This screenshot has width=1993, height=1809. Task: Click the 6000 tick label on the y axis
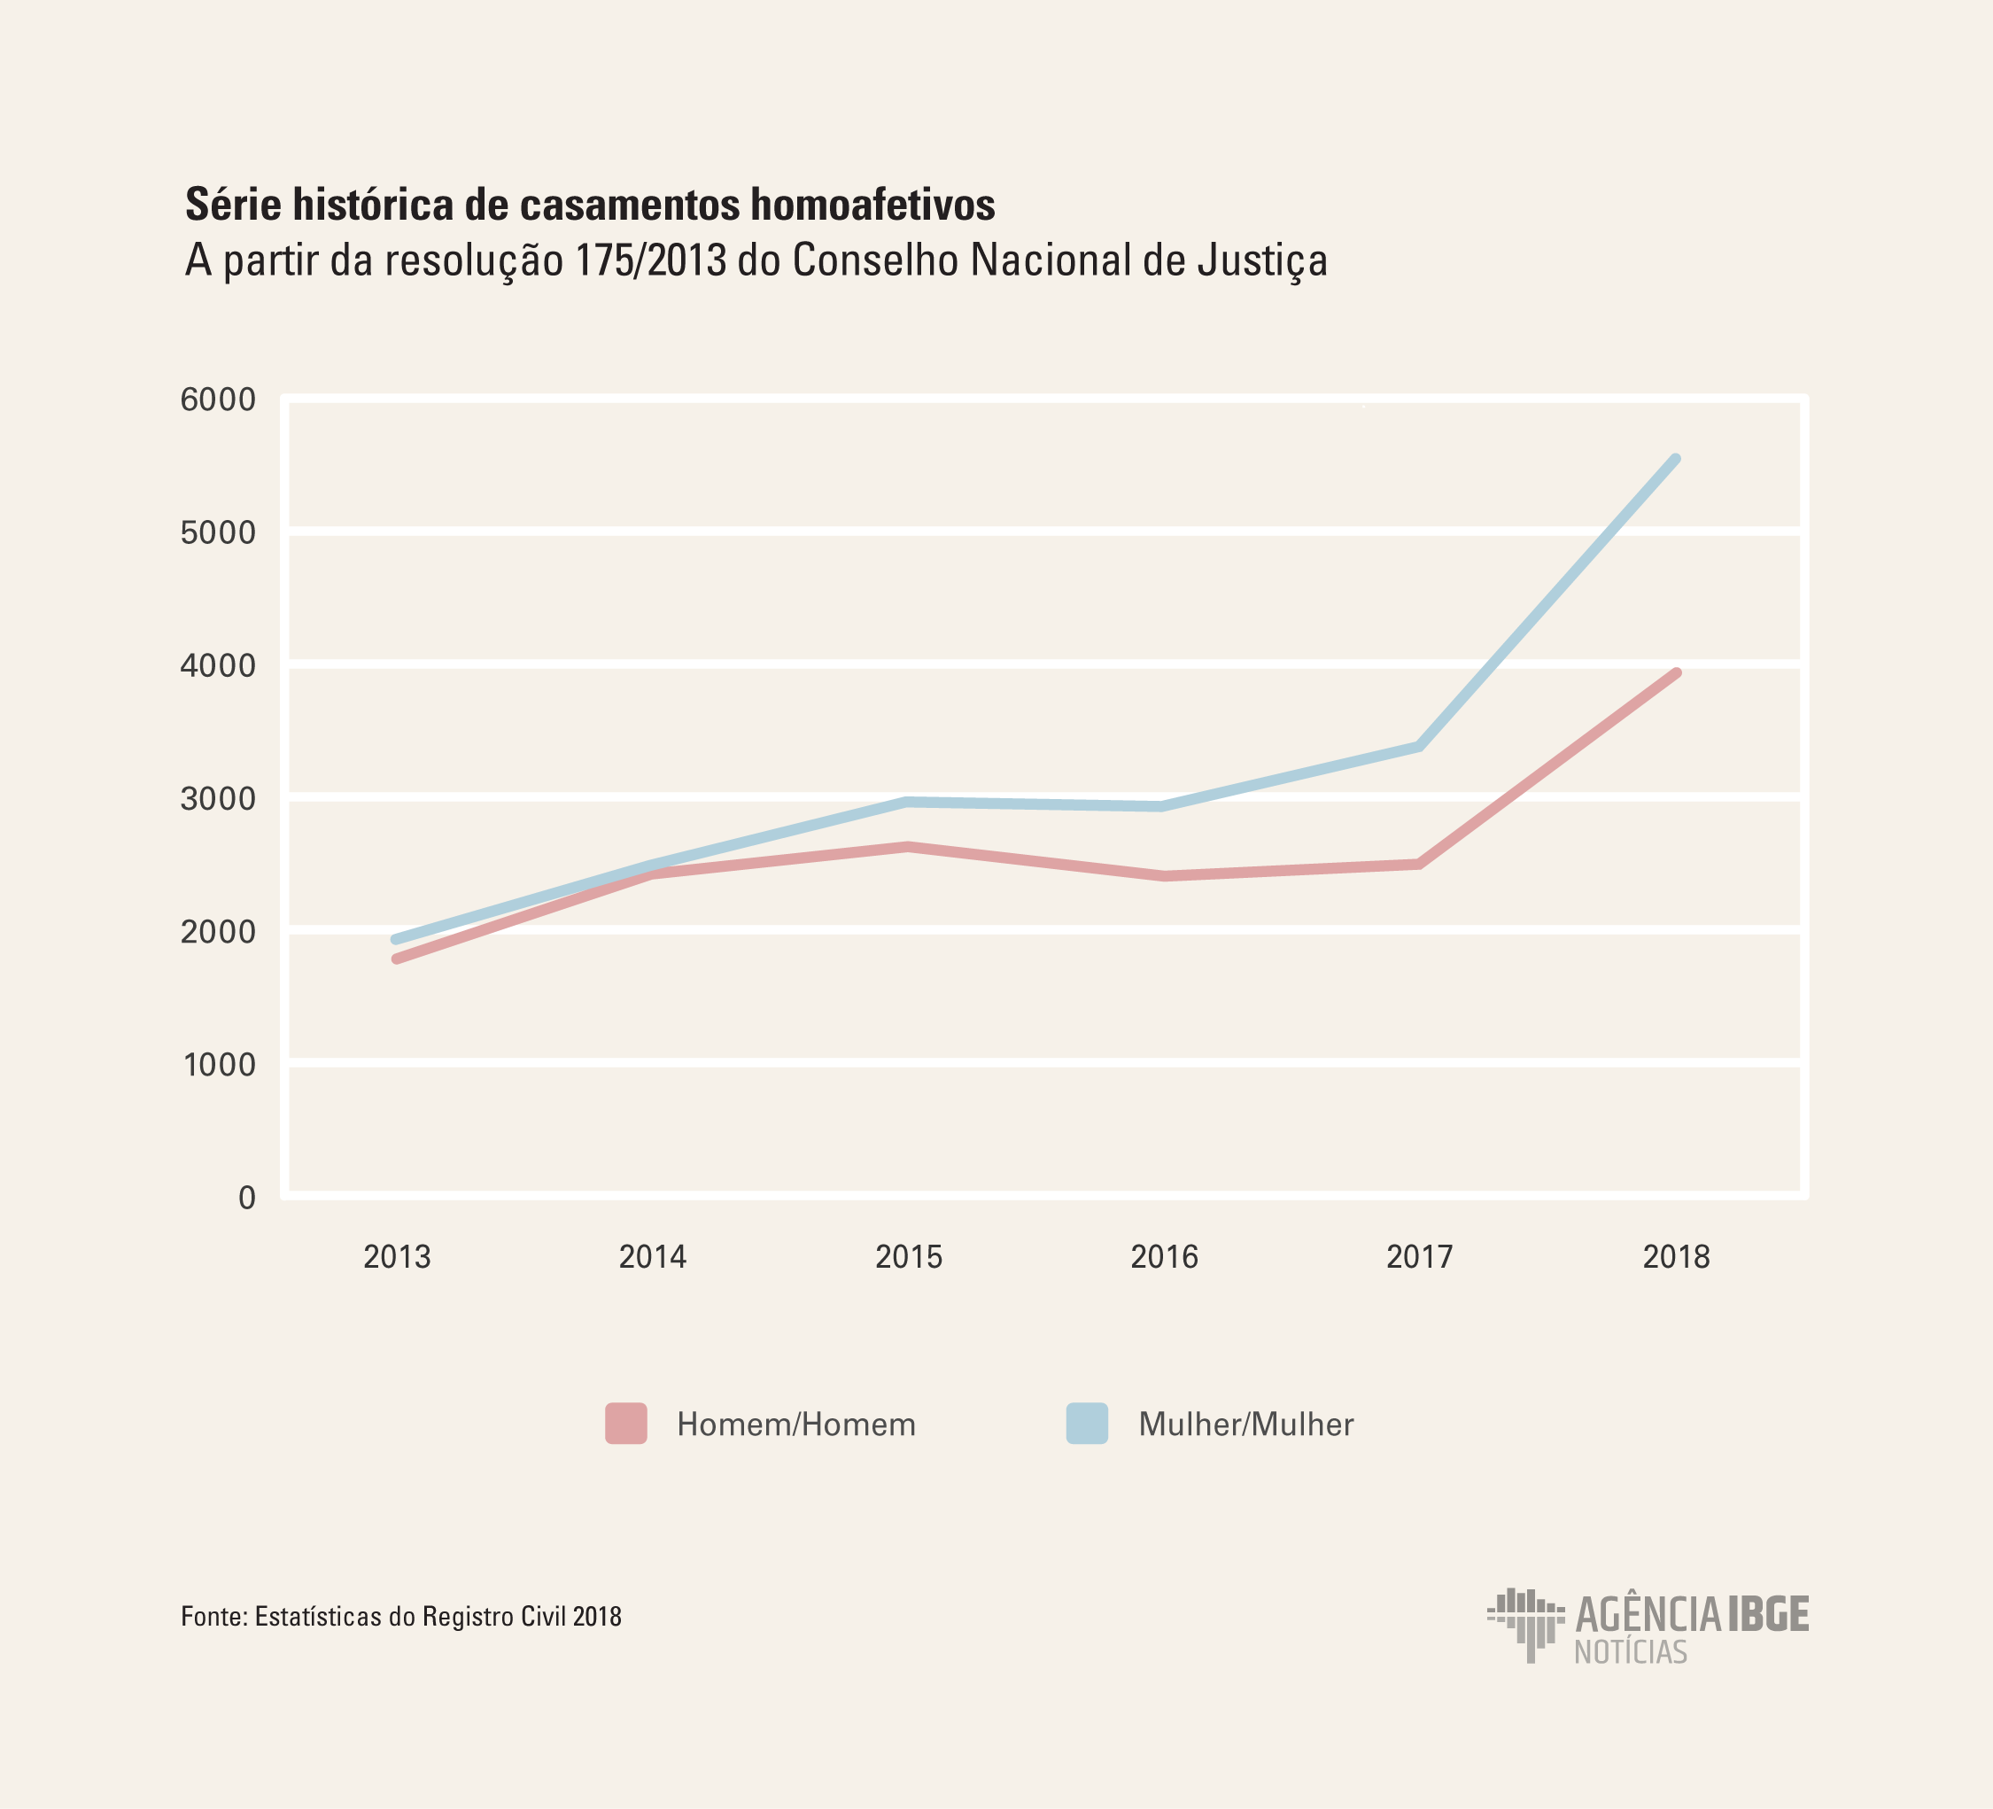[x=218, y=400]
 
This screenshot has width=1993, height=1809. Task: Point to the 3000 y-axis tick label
[x=218, y=800]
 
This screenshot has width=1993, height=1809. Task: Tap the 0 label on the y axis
[x=247, y=1198]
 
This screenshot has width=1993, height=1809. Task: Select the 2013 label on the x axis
[x=397, y=1257]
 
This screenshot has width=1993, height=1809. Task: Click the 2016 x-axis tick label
[x=1164, y=1257]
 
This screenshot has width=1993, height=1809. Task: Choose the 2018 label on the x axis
[x=1676, y=1257]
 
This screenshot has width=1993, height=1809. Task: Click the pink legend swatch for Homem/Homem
[x=625, y=1424]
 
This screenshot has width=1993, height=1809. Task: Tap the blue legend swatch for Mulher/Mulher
[x=1087, y=1424]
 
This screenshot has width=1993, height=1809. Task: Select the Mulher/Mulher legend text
[x=1245, y=1425]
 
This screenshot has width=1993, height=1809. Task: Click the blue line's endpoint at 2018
[x=1676, y=460]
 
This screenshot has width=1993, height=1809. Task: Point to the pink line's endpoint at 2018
[x=1676, y=674]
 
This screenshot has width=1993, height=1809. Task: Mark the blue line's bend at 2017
[x=1420, y=746]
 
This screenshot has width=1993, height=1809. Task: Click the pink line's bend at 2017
[x=1420, y=864]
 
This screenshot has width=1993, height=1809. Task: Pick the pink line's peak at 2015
[x=908, y=847]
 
